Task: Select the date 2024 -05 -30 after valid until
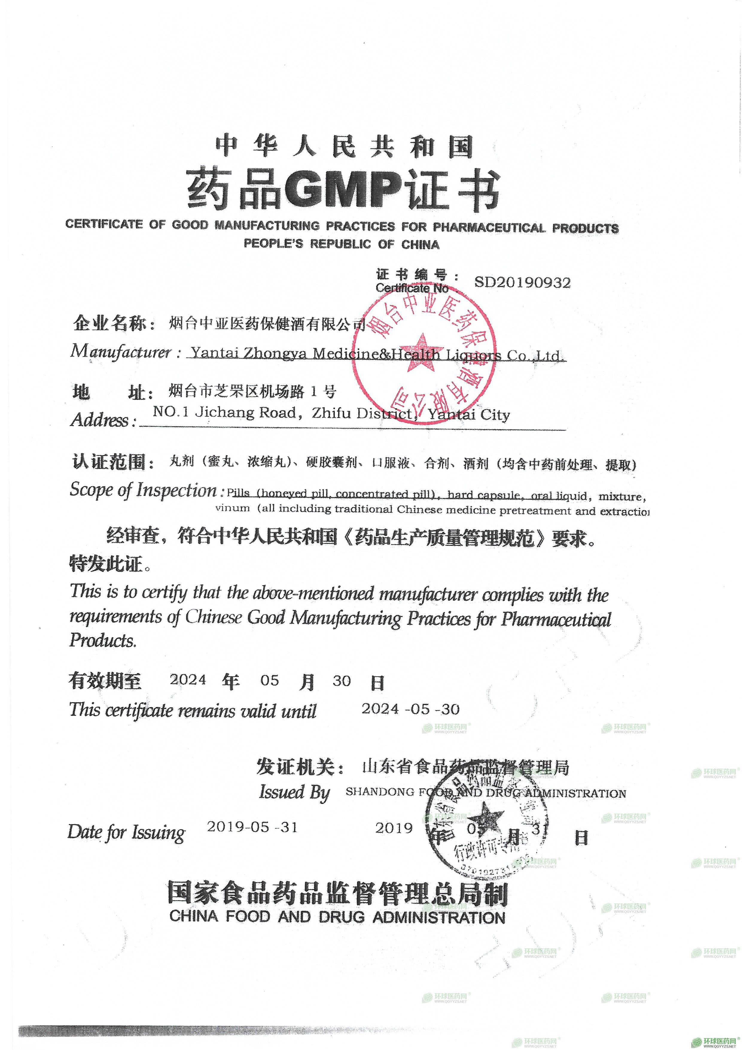(x=410, y=709)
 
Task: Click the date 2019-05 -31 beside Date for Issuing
(x=252, y=827)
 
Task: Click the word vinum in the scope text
(x=233, y=508)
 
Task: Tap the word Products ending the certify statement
(x=103, y=640)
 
